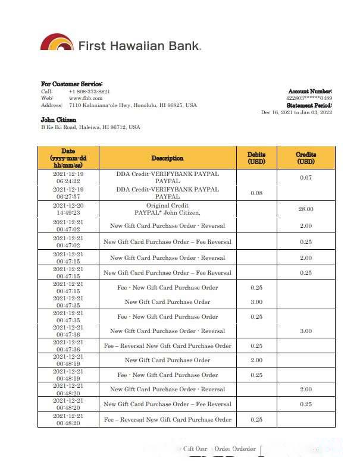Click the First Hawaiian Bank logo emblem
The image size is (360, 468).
click(57, 43)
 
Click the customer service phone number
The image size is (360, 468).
click(89, 92)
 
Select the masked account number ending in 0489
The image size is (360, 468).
click(309, 98)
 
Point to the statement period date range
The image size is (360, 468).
click(296, 112)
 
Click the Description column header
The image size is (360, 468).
click(167, 158)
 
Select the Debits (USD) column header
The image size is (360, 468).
click(256, 158)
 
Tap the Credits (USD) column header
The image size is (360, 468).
click(305, 158)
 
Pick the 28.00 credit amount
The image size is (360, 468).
click(305, 209)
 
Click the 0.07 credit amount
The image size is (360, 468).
click(305, 178)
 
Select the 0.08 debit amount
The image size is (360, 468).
click(256, 193)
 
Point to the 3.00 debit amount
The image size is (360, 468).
click(256, 302)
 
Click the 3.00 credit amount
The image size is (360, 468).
click(305, 331)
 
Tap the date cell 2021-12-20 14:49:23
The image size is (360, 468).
click(68, 208)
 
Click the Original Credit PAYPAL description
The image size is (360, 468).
click(167, 209)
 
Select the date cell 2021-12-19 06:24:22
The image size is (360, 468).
click(68, 177)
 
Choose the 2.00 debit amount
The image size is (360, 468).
click(256, 360)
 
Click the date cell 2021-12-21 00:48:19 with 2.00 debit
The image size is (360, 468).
click(68, 360)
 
